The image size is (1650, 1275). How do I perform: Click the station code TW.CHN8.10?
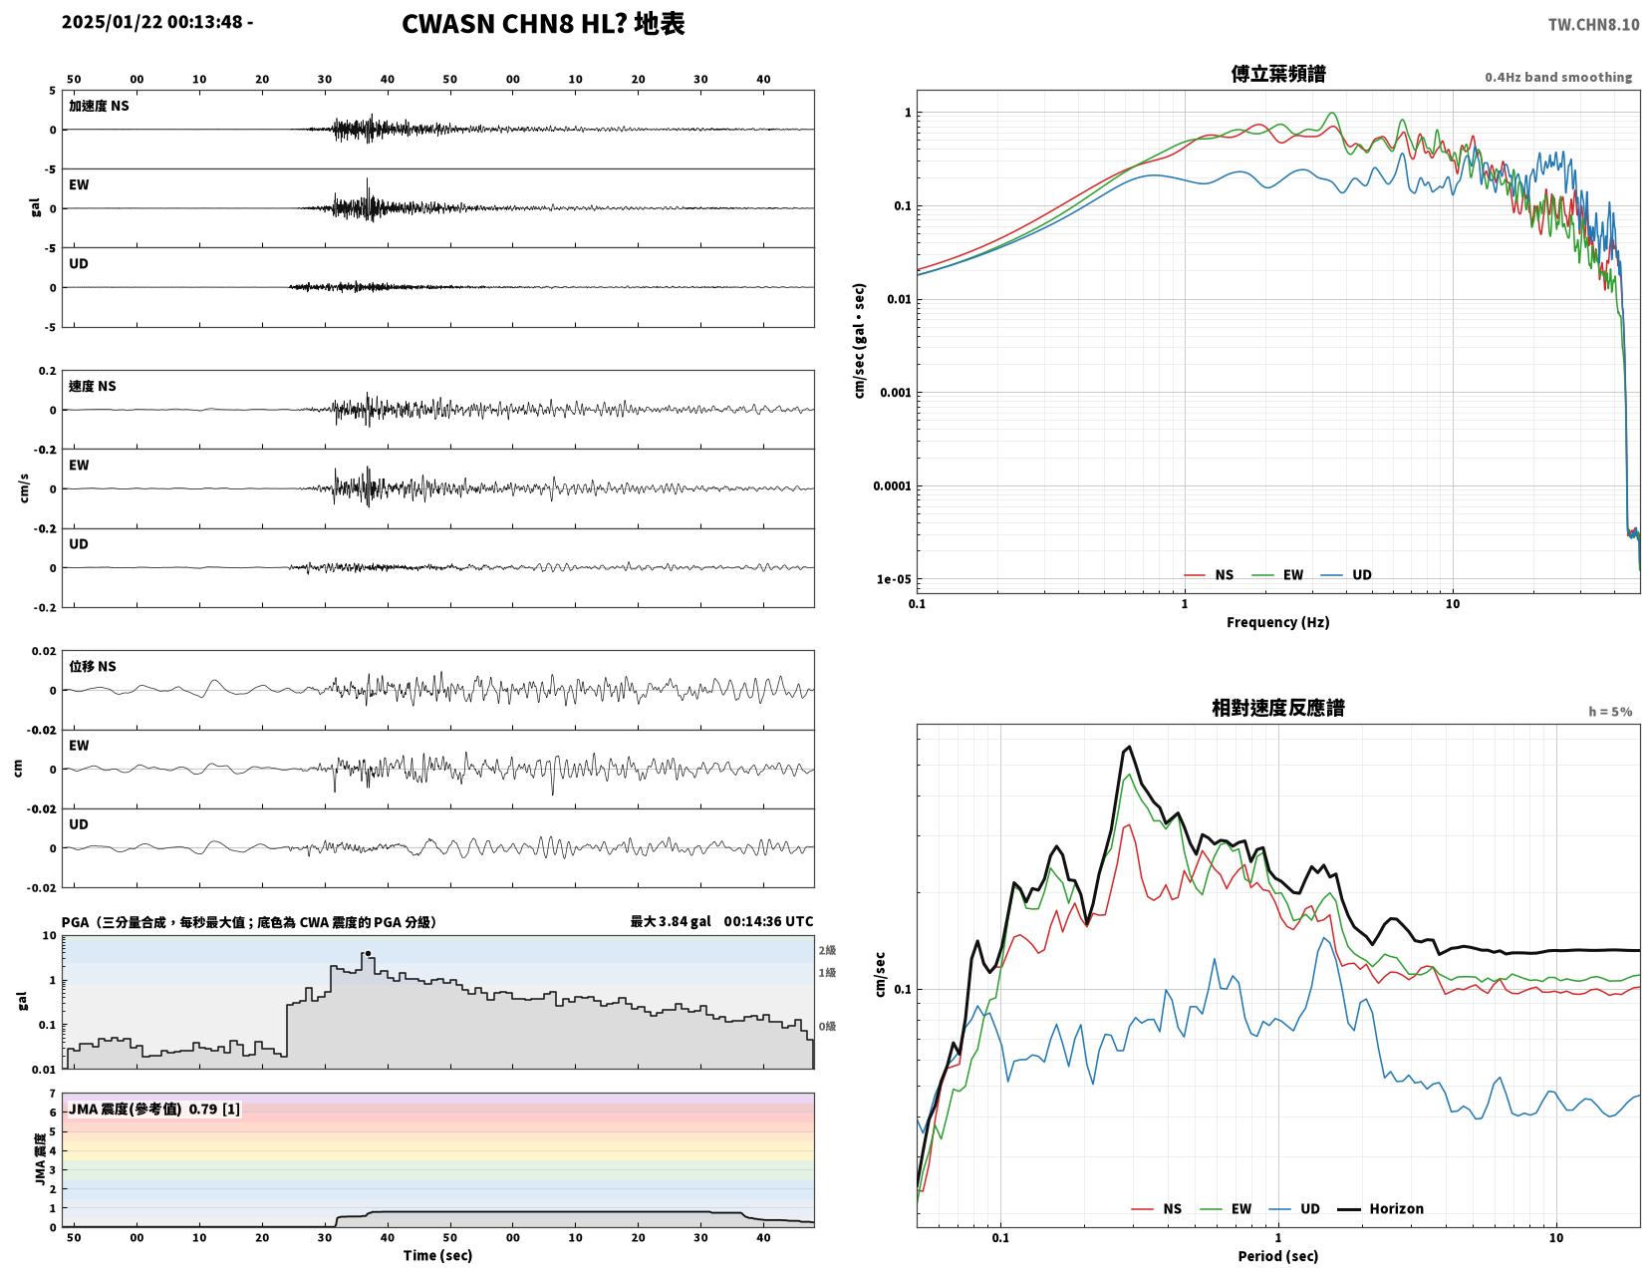(x=1593, y=24)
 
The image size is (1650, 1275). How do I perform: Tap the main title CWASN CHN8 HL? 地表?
(x=542, y=24)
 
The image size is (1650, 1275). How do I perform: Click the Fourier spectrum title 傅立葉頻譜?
(x=1278, y=74)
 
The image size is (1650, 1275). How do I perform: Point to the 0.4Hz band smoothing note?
(x=1558, y=77)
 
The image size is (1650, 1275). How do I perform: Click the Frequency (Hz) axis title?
(x=1278, y=622)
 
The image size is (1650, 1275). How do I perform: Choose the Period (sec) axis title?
(x=1278, y=1256)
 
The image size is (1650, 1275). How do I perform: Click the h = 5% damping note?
(x=1610, y=712)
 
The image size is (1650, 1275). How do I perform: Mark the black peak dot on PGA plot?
(x=369, y=953)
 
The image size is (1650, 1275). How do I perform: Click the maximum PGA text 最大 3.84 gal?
(x=671, y=921)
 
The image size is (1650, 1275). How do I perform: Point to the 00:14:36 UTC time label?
(x=768, y=921)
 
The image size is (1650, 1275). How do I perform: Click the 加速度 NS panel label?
(x=99, y=106)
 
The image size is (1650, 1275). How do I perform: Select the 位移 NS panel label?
(x=93, y=666)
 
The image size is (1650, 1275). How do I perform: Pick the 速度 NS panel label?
(x=93, y=386)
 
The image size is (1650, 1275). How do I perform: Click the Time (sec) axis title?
(x=437, y=1255)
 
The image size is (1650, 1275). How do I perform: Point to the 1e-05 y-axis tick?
(x=893, y=579)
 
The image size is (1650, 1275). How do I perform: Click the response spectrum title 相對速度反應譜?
(x=1278, y=708)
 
